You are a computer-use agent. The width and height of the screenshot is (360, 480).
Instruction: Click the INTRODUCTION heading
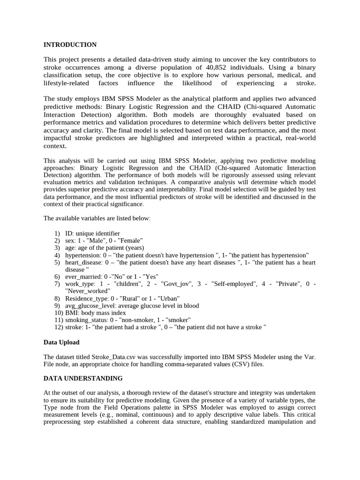70,45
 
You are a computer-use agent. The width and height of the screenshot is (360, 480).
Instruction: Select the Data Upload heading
61,342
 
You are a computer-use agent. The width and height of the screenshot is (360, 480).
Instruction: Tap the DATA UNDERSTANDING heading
83,378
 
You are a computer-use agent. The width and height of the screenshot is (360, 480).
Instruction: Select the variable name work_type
80,284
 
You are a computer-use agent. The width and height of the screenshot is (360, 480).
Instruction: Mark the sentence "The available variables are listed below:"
97,218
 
